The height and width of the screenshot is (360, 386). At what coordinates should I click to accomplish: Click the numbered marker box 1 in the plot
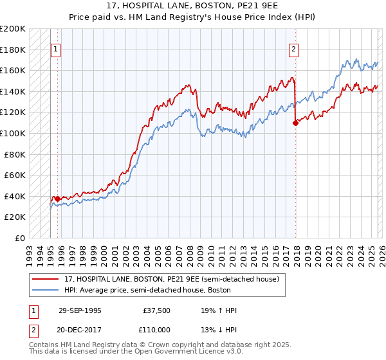pos(55,49)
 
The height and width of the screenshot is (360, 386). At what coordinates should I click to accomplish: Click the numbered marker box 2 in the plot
pos(293,49)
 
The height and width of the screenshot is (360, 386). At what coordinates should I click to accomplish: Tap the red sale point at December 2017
pos(296,123)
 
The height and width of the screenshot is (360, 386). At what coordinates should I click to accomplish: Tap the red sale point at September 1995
pos(57,199)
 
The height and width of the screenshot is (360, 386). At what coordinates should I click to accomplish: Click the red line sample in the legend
pos(46,279)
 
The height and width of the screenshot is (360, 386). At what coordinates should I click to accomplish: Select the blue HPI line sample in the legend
pos(46,290)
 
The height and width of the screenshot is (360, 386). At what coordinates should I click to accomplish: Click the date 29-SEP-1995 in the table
pos(80,310)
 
